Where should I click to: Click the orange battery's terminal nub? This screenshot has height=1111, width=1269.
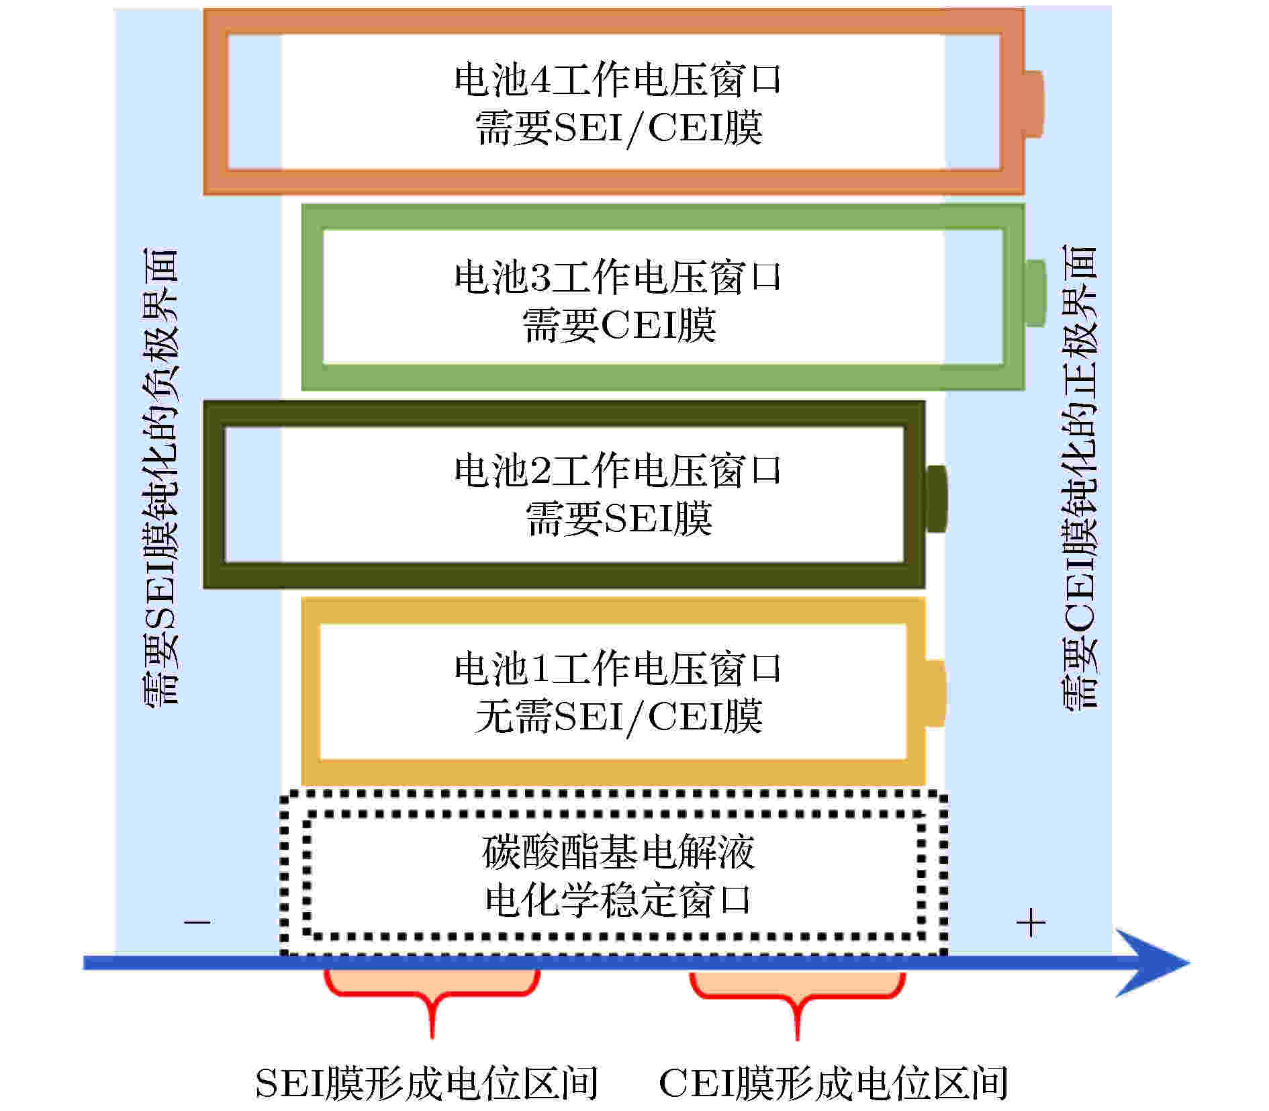(1033, 103)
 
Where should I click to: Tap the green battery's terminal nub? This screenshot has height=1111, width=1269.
(1035, 294)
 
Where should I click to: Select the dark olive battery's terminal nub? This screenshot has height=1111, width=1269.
(936, 498)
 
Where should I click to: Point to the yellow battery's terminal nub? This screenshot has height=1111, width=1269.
(936, 693)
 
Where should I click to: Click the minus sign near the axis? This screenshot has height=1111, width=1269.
(197, 922)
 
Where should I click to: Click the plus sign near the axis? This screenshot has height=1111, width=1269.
(1031, 923)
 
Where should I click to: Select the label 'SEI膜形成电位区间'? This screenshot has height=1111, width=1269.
(426, 1083)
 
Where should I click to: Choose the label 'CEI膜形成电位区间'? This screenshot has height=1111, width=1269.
(833, 1083)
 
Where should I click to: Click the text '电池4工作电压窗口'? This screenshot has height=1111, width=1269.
(618, 79)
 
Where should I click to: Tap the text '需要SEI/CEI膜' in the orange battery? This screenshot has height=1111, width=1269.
(618, 128)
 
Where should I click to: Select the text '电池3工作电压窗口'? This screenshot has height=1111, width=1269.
(618, 276)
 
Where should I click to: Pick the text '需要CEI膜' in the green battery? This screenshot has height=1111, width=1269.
(619, 325)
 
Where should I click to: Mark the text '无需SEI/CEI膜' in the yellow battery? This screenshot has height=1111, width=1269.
(618, 716)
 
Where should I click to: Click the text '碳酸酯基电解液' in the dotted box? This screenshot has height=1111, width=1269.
(618, 852)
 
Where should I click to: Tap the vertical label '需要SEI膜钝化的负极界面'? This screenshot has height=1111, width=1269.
(160, 476)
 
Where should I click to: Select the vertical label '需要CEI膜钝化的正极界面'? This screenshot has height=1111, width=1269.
(1078, 476)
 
